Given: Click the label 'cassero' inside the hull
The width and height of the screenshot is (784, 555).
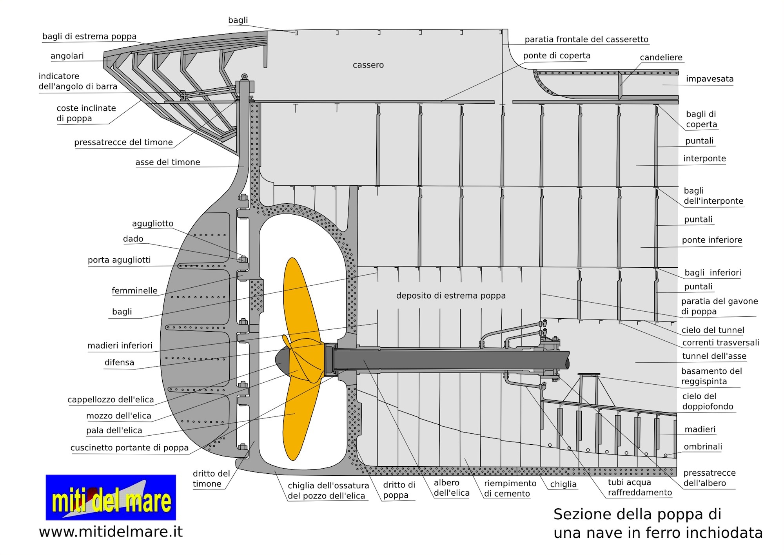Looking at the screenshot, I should point(368,65).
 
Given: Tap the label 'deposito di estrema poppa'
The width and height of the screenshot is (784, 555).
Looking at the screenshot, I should point(451,296).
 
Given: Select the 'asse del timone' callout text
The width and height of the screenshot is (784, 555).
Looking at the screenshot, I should point(168,162).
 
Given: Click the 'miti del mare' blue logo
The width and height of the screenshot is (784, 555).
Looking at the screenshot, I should point(111,497).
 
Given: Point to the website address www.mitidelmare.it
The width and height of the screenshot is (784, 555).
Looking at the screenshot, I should point(111,532).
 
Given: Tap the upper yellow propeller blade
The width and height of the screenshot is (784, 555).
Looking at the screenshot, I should point(300,298).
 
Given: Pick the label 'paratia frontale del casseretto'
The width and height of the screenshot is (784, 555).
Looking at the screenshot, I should point(586,39).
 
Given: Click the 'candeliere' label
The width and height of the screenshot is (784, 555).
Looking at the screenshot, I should point(661,58).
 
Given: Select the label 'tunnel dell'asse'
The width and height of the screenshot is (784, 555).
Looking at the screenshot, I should point(714,356).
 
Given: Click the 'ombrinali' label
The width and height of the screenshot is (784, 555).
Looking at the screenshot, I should point(703,447).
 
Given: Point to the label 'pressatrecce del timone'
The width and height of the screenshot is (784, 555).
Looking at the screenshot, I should point(123,142).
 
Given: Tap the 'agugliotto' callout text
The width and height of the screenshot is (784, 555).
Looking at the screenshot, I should point(152,223).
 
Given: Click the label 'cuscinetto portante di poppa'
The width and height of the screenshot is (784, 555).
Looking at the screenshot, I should point(129,448).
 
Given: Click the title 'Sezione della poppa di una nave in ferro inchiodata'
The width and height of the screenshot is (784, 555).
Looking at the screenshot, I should point(658,523).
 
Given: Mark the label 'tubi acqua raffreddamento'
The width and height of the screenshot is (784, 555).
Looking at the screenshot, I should point(640,487).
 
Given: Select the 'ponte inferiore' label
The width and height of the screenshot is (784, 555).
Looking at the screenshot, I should point(712,240).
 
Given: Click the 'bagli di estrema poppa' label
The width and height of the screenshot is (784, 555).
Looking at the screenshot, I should point(89,37).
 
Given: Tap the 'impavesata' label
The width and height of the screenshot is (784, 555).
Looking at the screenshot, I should point(710,79).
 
